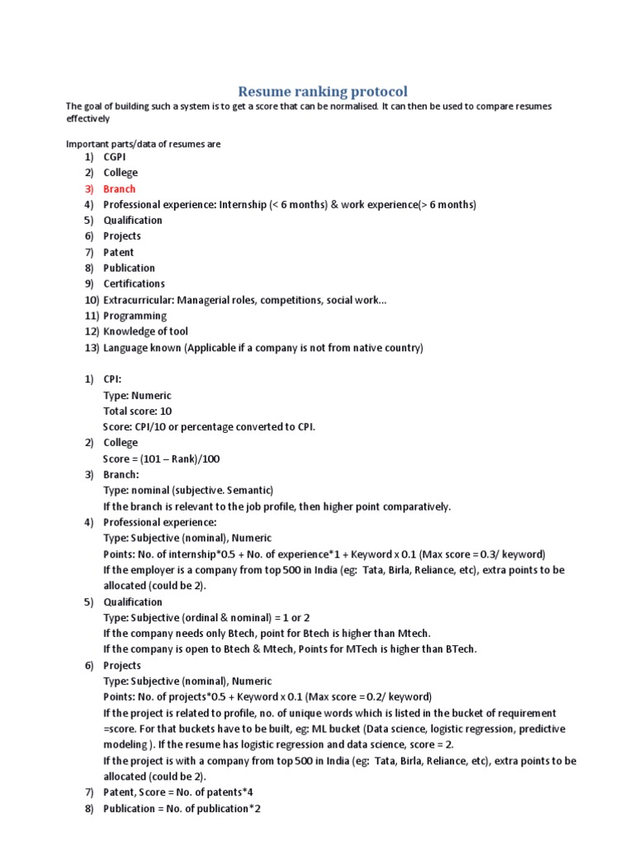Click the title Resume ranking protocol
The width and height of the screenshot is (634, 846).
pos(323,90)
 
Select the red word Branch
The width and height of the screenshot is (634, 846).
pos(119,189)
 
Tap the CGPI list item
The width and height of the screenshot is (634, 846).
pos(115,157)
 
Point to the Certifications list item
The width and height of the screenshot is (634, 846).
pos(134,284)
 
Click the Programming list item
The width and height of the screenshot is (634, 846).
pos(135,316)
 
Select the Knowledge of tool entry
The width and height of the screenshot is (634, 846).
pos(140,332)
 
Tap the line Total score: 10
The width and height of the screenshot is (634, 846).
pos(137,411)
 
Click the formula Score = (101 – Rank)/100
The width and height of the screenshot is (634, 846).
pos(162,459)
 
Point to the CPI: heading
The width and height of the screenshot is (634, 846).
pos(112,379)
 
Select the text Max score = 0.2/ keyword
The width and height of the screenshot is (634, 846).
pos(364,696)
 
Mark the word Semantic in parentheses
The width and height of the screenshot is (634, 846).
pos(248,491)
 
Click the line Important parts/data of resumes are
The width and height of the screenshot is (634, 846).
pos(144,144)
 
